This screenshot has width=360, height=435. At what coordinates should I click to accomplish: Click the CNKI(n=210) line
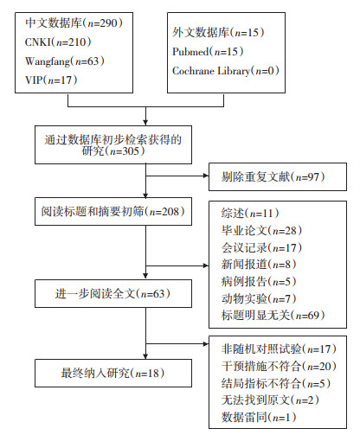pos(58,42)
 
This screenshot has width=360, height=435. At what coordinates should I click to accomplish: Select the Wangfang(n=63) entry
pos(65,61)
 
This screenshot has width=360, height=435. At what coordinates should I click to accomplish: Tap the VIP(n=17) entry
pos(51,80)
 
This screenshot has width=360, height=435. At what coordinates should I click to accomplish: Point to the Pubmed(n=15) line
pos(208,52)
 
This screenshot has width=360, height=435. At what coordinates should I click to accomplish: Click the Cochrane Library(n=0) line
pos(226,71)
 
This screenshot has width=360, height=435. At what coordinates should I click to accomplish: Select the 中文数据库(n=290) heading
pos(74,23)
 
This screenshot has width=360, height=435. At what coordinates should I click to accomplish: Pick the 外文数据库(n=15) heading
pos(218,32)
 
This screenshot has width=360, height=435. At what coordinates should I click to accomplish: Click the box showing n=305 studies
pos(113,144)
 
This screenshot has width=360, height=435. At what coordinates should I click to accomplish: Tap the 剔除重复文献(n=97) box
pos(278,176)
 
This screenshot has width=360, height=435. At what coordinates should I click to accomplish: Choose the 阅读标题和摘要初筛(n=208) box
pos(113,211)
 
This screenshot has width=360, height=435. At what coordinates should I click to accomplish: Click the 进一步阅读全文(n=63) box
pos(113,293)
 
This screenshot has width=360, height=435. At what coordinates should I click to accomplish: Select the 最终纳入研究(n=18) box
pos(113,373)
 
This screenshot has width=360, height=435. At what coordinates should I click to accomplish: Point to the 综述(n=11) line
pos(250,213)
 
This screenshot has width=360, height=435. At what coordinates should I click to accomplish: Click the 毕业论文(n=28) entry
pos(262,230)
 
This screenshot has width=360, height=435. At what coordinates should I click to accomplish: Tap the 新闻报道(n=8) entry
pos(259,265)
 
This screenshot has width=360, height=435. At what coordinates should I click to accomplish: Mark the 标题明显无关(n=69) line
pos(273,315)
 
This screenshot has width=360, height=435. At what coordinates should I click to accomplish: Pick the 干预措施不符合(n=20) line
pos(279,366)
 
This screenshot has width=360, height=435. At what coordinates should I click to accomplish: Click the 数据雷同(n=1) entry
pos(259,417)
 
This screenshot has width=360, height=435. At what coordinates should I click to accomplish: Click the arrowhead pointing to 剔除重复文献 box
pos(206,176)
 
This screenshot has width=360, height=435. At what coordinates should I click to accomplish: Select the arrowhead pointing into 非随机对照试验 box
pos(206,343)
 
